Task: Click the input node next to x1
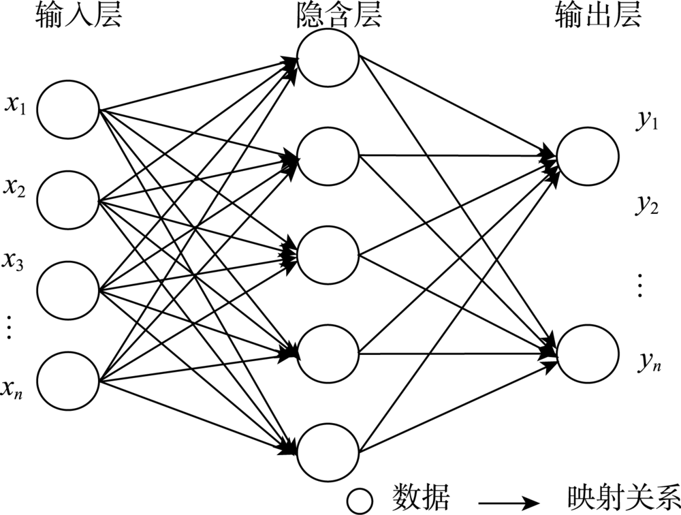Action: (68, 109)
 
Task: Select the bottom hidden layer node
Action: (328, 453)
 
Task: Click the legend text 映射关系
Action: (622, 496)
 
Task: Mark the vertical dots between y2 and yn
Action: (639, 285)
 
